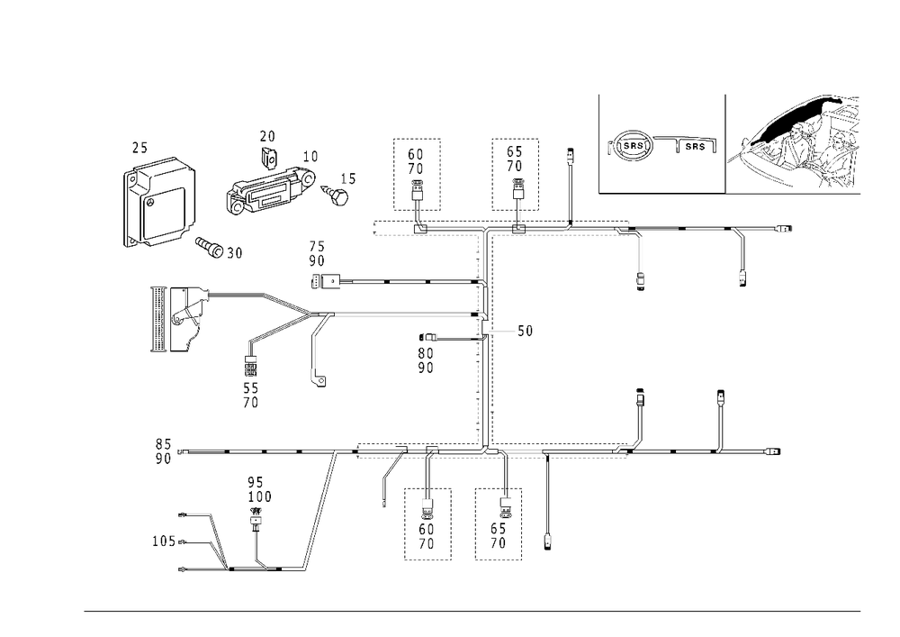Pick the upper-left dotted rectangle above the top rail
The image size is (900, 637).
(x=416, y=171)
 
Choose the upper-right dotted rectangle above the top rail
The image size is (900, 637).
(x=514, y=171)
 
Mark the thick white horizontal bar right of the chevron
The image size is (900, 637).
(x=405, y=314)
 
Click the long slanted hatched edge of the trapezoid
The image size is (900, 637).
(x=322, y=509)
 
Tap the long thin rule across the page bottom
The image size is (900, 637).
(x=472, y=610)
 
